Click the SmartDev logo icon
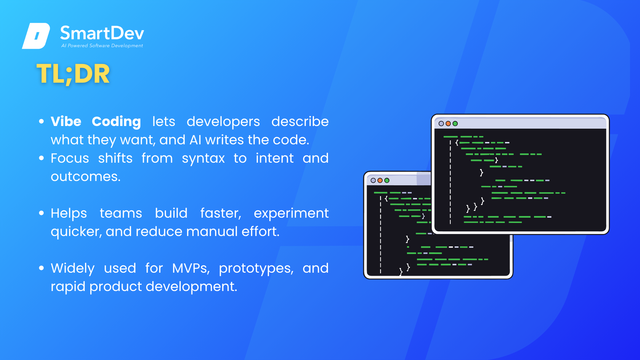pos(36,36)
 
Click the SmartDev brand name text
pos(102,33)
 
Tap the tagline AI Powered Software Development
pos(102,46)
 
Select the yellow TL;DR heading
pos(73,74)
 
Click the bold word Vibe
pos(66,121)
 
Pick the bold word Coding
pos(116,122)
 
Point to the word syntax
pos(203,159)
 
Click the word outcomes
pos(86,177)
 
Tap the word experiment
pos(291,214)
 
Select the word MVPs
pos(191,268)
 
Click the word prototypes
pos(256,269)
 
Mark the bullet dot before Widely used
pos(41,268)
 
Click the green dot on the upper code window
pos(455,124)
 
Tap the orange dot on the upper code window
pos(448,124)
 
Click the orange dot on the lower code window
pos(380,180)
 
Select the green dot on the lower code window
pos(387,180)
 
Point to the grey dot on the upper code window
pos(441,124)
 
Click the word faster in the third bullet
pos(221,214)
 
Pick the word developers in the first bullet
pos(223,122)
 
